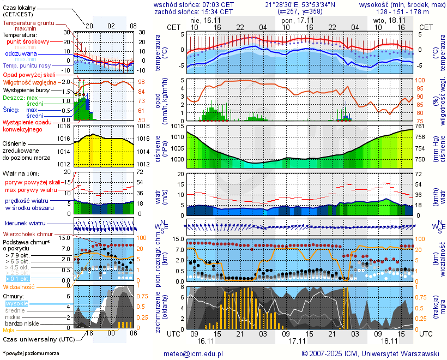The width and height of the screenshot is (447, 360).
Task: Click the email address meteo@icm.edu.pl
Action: pyautogui.click(x=194, y=353)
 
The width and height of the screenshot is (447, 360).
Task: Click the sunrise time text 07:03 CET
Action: pyautogui.click(x=215, y=5)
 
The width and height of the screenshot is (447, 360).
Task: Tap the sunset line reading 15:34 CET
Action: pyautogui.click(x=215, y=11)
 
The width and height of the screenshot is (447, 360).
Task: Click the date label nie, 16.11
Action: pyautogui.click(x=203, y=20)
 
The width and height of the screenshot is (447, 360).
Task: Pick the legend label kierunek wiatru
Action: pyautogui.click(x=25, y=224)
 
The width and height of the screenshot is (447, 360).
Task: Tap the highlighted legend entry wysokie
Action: pyautogui.click(x=16, y=303)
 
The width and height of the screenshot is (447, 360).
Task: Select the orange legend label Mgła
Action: pyautogui.click(x=9, y=329)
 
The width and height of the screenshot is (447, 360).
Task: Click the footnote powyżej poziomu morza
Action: pyautogui.click(x=32, y=353)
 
